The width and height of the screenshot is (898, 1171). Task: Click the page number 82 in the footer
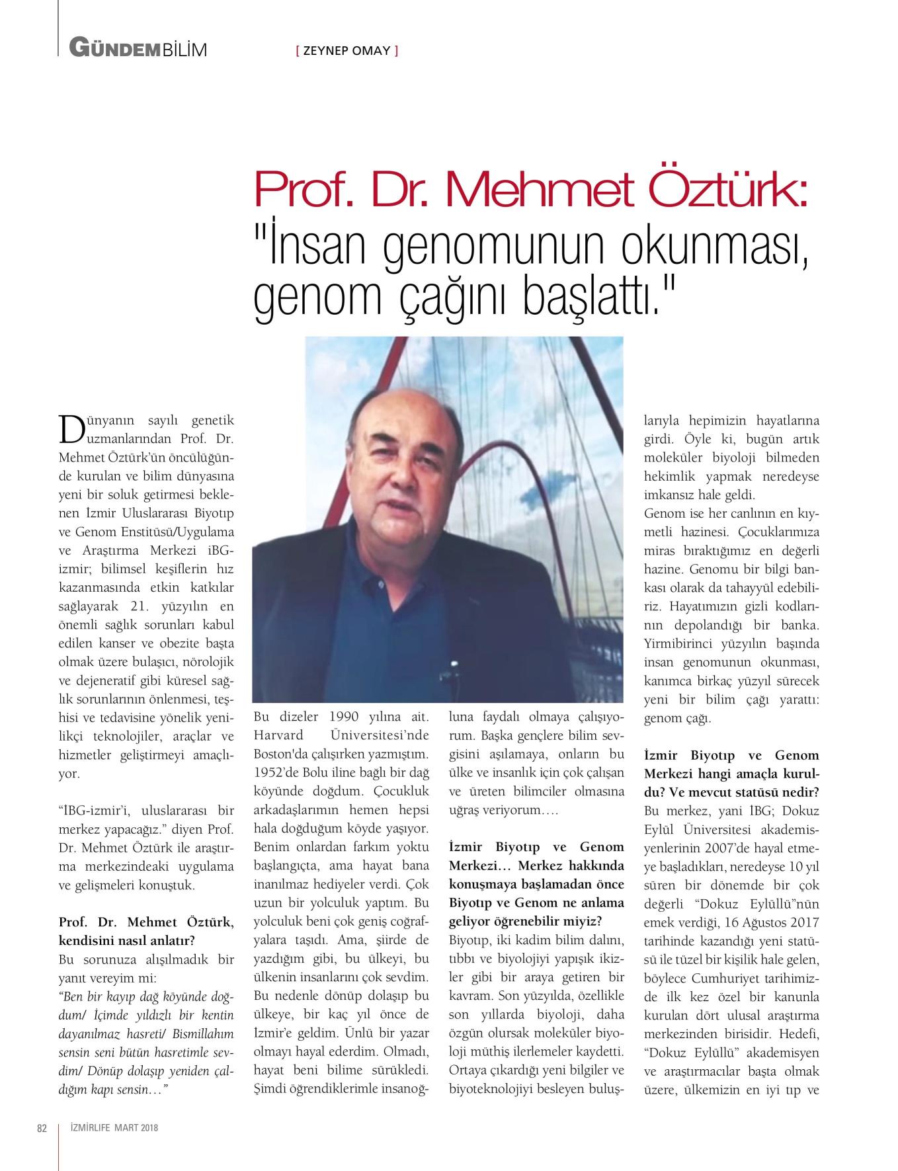tap(41, 1128)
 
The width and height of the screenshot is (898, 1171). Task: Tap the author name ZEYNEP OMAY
tap(347, 50)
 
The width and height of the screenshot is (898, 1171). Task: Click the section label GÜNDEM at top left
tap(116, 48)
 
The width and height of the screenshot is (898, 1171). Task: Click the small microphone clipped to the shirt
tap(453, 664)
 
